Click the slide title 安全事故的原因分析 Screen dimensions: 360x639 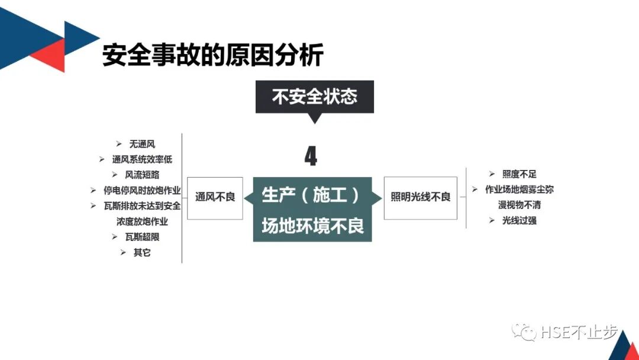pos(213,55)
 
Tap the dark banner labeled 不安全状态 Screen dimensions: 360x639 pos(315,97)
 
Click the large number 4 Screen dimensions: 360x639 pos(311,156)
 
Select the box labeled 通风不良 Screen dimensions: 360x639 pos(215,198)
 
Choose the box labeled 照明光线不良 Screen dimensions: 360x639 pos(420,198)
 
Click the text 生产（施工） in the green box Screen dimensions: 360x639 pos(311,195)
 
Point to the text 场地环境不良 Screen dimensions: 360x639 pos(312,225)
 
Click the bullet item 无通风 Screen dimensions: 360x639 pos(142,144)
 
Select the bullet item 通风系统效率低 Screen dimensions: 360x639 pos(142,159)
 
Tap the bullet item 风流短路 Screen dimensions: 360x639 pos(142,175)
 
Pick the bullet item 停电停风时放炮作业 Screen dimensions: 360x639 pos(142,191)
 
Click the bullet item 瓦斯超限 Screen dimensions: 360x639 pos(142,237)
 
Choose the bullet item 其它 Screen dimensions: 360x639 pos(142,252)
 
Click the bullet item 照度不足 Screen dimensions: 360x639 pos(519,174)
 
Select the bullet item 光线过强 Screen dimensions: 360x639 pos(519,220)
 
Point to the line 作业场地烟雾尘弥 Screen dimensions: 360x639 pos(519,189)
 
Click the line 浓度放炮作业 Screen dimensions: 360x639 pos(142,221)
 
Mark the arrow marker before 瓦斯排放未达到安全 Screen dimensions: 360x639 pos(93,206)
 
